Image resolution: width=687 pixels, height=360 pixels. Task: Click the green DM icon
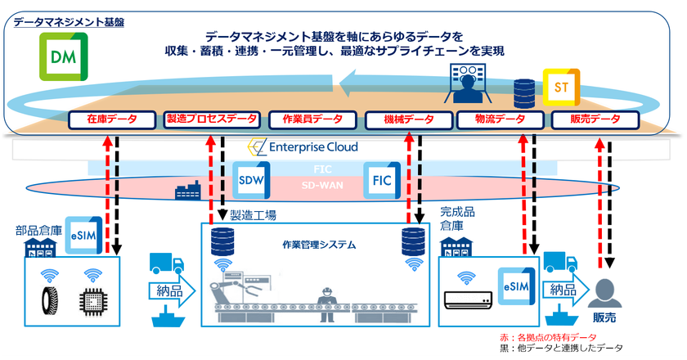coord(60,57)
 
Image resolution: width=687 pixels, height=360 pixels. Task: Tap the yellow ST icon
coord(562,86)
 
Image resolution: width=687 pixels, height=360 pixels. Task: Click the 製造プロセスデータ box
coord(212,119)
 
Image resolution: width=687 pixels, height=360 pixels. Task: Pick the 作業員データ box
coord(311,119)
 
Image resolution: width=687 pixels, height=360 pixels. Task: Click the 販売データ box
coord(595,119)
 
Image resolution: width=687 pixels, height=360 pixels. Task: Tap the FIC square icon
coord(381,179)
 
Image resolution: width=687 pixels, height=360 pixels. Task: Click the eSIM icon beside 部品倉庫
coord(84,233)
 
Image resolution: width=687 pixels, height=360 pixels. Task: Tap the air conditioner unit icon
coord(469,302)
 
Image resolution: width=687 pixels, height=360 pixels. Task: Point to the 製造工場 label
coord(253,215)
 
